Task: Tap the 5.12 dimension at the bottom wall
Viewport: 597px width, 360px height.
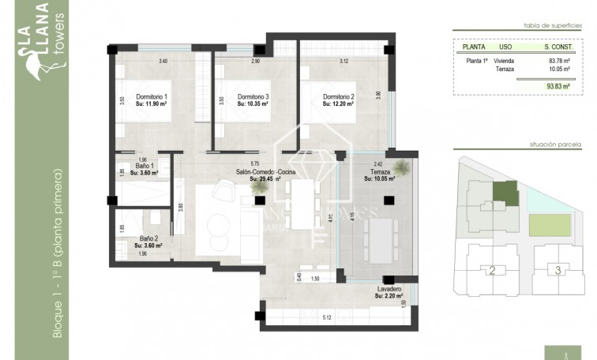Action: tap(327, 317)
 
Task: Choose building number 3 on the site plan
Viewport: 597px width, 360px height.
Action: tap(558, 271)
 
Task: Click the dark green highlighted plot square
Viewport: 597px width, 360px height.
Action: tap(505, 190)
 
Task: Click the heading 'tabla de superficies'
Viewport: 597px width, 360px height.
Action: tap(558, 25)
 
